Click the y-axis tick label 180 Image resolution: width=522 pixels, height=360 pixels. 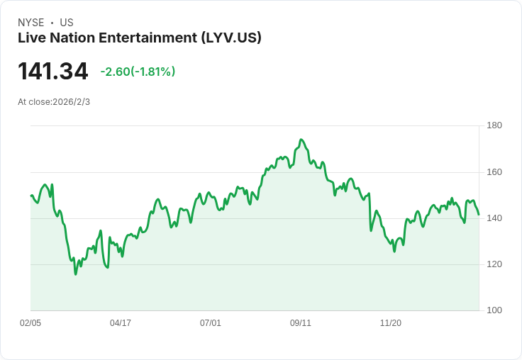pyautogui.click(x=494, y=126)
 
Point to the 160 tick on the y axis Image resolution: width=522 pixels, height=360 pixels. pyautogui.click(x=494, y=172)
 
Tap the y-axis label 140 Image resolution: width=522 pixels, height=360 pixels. pyautogui.click(x=494, y=218)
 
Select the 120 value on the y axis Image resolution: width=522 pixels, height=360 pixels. pyautogui.click(x=494, y=264)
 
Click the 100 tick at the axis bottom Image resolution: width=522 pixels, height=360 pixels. pyautogui.click(x=494, y=310)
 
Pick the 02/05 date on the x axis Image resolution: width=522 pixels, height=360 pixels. pyautogui.click(x=30, y=323)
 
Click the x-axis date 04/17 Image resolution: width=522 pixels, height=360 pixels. pyautogui.click(x=121, y=323)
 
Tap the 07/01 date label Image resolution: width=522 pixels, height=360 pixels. pyautogui.click(x=211, y=323)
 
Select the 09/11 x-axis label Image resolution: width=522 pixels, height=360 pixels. pyautogui.click(x=301, y=323)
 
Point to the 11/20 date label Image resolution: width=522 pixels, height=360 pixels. pyautogui.click(x=391, y=323)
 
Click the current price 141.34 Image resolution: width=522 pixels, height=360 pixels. pyautogui.click(x=53, y=72)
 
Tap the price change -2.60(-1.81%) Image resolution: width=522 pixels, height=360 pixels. pyautogui.click(x=138, y=72)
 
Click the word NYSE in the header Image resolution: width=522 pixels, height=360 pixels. pyautogui.click(x=31, y=23)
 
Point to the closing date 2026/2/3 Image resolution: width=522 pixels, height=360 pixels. pyautogui.click(x=72, y=102)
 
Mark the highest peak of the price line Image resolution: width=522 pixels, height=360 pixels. pyautogui.click(x=301, y=140)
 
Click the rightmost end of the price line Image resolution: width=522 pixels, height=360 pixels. pyautogui.click(x=479, y=214)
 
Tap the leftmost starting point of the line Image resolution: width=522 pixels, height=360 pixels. pyautogui.click(x=31, y=195)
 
